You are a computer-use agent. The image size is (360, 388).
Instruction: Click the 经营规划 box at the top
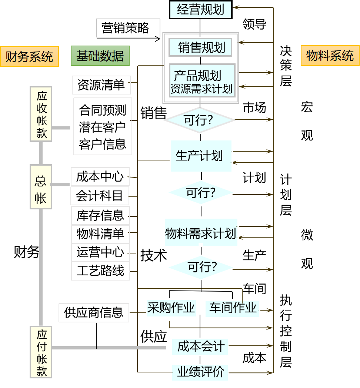coord(200,10)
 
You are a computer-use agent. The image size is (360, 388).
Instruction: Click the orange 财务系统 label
coord(30,57)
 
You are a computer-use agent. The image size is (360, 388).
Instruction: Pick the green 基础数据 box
coord(100,56)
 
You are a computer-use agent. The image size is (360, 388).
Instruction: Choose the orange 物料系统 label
coord(330,56)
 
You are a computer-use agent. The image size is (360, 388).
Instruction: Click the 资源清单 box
coord(101,85)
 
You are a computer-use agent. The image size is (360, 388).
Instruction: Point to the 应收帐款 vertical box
coord(41,114)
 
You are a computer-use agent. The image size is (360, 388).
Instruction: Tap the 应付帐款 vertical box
coord(41,352)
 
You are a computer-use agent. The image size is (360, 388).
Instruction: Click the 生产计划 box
coord(201,156)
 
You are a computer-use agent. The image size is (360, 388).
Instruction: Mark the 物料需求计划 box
coord(201,233)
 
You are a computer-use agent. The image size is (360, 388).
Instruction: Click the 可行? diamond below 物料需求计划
coord(201,267)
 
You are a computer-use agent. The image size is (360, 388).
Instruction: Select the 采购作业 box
coord(171,308)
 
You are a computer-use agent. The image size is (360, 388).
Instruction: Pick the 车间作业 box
coord(233,308)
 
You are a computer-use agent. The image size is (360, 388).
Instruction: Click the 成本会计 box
coord(200,347)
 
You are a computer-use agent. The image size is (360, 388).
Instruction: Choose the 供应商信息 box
coord(94,312)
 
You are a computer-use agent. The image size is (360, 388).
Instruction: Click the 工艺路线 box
coord(100,271)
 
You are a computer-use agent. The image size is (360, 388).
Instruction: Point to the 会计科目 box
coord(100,196)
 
